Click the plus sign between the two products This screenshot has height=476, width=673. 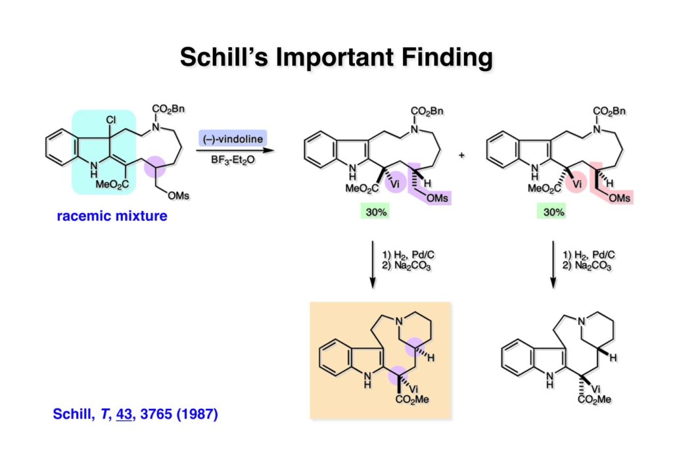[461, 155]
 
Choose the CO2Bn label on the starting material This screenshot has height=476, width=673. [169, 109]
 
